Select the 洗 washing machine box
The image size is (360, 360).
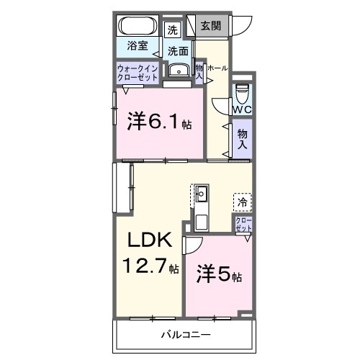[x=172, y=30]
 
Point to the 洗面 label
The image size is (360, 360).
[x=179, y=51]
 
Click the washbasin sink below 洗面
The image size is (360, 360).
[x=177, y=70]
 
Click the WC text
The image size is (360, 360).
[x=240, y=109]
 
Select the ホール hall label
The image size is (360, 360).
[x=218, y=68]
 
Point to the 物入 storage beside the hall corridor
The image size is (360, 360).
[x=242, y=138]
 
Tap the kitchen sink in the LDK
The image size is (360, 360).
[x=202, y=194]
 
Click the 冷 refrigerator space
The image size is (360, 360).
[x=242, y=202]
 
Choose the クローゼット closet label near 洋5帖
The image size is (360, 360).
[x=243, y=223]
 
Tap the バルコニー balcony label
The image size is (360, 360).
[x=185, y=336]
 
